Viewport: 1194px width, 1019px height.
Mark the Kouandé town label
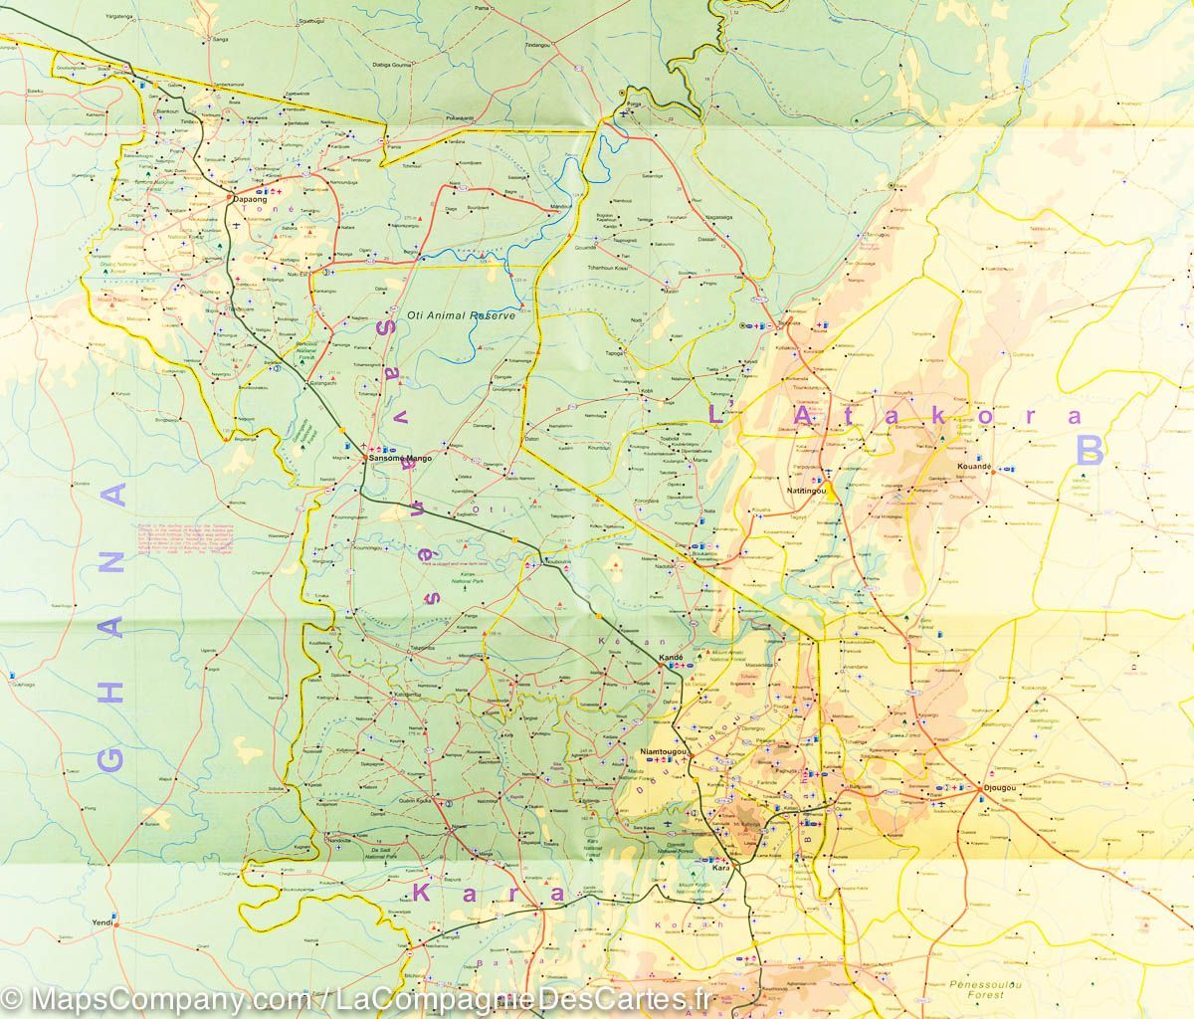point(974,466)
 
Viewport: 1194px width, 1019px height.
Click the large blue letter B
point(1090,450)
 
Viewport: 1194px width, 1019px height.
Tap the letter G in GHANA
point(110,760)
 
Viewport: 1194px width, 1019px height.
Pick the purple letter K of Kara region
point(426,889)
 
